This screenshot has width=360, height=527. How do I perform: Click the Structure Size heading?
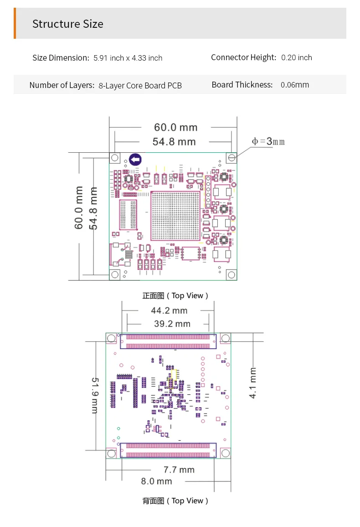coord(68,24)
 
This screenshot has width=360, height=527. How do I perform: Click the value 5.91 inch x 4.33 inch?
coord(128,58)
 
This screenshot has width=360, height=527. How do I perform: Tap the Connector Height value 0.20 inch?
coord(297,58)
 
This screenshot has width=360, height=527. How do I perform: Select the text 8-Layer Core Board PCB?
coord(140,86)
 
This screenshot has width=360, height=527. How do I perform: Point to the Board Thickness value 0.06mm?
coord(295,85)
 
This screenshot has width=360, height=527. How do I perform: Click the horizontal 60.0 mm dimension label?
coord(175,127)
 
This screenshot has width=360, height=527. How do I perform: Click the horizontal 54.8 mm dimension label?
coord(174,141)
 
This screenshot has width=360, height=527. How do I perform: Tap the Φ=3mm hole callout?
coord(268,141)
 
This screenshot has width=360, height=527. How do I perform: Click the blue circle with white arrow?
coord(135,160)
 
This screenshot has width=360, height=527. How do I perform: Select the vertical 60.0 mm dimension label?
coord(78,208)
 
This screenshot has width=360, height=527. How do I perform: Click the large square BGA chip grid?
coord(175,216)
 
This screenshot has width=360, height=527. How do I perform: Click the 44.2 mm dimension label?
coord(169,310)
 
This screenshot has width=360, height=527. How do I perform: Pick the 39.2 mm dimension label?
coord(172,324)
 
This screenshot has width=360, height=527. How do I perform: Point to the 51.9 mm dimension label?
coord(95,395)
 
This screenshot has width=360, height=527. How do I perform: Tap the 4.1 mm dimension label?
coord(252,383)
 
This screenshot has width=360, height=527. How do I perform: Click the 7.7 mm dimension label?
coord(179,470)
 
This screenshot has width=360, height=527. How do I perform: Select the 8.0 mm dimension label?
coord(156,481)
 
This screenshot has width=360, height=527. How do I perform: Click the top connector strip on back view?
coord(168,341)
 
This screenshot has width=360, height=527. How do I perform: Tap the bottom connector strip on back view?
coord(168,450)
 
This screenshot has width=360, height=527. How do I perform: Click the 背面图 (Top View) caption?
coord(175,501)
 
